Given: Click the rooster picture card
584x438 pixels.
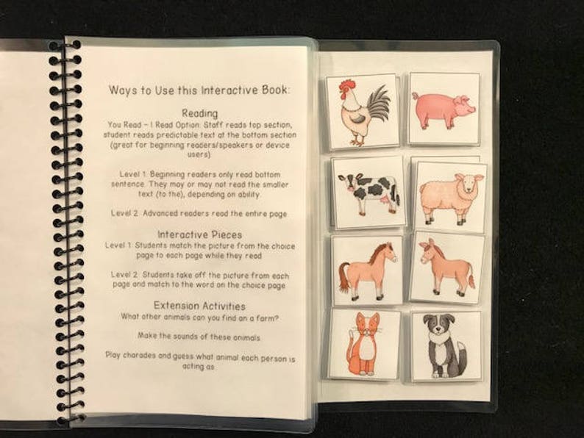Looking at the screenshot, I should (x=362, y=111).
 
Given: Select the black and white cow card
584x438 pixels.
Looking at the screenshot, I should (x=367, y=191).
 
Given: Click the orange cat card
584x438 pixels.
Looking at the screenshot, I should (x=364, y=343).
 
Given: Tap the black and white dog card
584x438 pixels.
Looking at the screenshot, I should (x=445, y=345).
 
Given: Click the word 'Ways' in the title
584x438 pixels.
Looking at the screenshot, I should (x=123, y=90).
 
